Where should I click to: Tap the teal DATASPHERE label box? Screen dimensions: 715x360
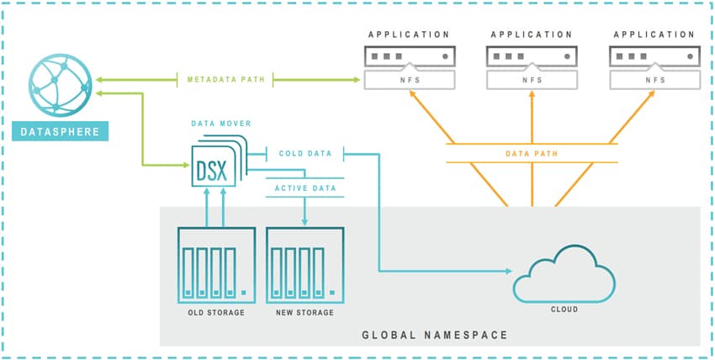61,131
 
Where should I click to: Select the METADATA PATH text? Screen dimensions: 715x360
225,79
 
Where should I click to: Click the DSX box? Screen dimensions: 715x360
214,166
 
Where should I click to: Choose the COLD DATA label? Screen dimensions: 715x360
305,154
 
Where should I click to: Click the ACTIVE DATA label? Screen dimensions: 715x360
305,188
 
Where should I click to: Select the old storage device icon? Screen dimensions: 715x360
216,265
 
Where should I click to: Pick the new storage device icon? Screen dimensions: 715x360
305,265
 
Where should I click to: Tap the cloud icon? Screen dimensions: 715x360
564,273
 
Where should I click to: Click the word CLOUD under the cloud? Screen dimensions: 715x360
564,310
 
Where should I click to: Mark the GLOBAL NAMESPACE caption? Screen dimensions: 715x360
435,336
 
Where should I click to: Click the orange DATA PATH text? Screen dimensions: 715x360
532,154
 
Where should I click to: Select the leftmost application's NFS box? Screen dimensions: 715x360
409,80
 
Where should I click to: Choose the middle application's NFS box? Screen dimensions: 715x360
532,80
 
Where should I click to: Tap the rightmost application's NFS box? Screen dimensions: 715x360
654,80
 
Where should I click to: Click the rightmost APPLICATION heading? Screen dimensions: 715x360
654,34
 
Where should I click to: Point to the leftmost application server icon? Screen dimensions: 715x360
409,56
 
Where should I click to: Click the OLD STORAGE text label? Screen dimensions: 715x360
216,313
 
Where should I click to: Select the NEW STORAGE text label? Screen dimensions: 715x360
305,313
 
